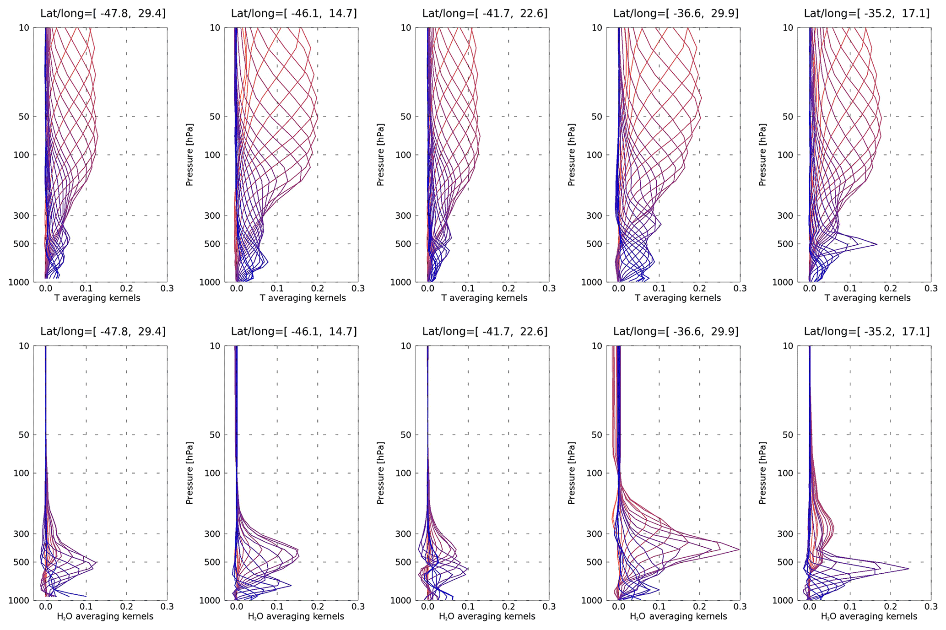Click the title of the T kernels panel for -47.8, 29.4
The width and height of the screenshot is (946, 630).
tap(103, 13)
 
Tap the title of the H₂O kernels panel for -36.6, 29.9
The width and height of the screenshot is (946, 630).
tap(676, 331)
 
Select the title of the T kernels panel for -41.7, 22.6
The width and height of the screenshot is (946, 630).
tap(485, 13)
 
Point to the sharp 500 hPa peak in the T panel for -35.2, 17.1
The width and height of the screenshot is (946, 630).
tap(876, 244)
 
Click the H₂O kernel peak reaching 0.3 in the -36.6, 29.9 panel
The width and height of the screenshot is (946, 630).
tap(739, 549)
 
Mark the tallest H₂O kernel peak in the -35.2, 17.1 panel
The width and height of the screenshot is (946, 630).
tap(908, 569)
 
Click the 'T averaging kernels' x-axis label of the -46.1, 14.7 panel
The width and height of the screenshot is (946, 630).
tap(303, 298)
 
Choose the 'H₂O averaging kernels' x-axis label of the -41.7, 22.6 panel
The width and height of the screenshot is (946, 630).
tap(487, 616)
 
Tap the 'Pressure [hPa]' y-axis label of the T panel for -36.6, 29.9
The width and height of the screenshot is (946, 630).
tap(571, 155)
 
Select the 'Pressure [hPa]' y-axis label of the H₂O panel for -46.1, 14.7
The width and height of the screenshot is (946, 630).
tap(189, 473)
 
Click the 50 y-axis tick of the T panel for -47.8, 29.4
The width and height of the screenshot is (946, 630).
tap(24, 117)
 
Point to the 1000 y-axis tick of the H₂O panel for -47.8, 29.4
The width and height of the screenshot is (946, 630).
tap(19, 600)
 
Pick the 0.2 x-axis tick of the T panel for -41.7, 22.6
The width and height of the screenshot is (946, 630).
tap(508, 288)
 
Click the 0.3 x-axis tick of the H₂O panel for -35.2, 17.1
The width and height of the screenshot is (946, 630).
tap(931, 607)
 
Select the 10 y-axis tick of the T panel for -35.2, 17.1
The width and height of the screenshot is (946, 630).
tap(788, 28)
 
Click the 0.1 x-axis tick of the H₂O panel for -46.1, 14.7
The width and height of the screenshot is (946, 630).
tap(277, 607)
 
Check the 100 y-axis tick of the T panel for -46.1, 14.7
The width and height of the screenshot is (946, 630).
tap(212, 155)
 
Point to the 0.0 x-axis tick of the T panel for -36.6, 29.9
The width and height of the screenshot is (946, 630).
tap(619, 288)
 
